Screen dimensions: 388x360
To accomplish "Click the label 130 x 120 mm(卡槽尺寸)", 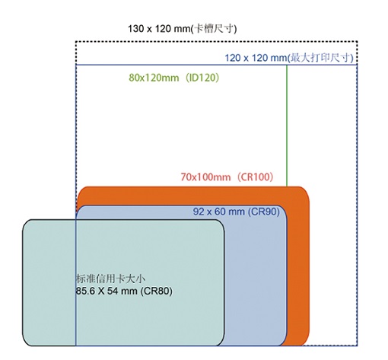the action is pyautogui.click(x=182, y=29).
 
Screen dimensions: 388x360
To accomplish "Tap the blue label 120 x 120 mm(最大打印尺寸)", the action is pyautogui.click(x=289, y=58).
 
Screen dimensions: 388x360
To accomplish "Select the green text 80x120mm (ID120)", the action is pyautogui.click(x=174, y=78).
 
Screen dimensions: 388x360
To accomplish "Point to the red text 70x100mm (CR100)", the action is pyautogui.click(x=227, y=177).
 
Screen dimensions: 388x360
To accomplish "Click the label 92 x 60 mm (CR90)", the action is pyautogui.click(x=237, y=212).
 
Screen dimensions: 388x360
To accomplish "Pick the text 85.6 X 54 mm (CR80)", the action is pyautogui.click(x=124, y=291).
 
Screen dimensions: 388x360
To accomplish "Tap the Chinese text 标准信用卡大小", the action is pyautogui.click(x=111, y=279).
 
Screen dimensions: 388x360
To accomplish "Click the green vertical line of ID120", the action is pyautogui.click(x=287, y=126).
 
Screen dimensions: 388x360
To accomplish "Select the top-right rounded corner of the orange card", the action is pyautogui.click(x=305, y=191).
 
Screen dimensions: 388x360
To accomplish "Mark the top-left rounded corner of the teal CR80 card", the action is pyautogui.click(x=26, y=223).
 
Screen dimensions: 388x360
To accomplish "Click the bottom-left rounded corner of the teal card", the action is pyautogui.click(x=27, y=342).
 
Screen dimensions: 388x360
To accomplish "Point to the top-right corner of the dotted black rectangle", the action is pyautogui.click(x=357, y=41).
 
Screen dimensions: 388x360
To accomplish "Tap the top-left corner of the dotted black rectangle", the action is pyautogui.click(x=76, y=41).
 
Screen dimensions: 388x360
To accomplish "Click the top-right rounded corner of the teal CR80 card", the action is pyautogui.click(x=221, y=224).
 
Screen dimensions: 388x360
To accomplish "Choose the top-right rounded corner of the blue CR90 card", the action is pyautogui.click(x=283, y=209).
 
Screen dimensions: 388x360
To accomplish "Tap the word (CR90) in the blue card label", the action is pyautogui.click(x=264, y=212).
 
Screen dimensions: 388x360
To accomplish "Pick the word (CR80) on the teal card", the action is pyautogui.click(x=157, y=291).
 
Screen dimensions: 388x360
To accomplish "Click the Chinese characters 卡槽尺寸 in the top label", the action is pyautogui.click(x=213, y=29).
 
